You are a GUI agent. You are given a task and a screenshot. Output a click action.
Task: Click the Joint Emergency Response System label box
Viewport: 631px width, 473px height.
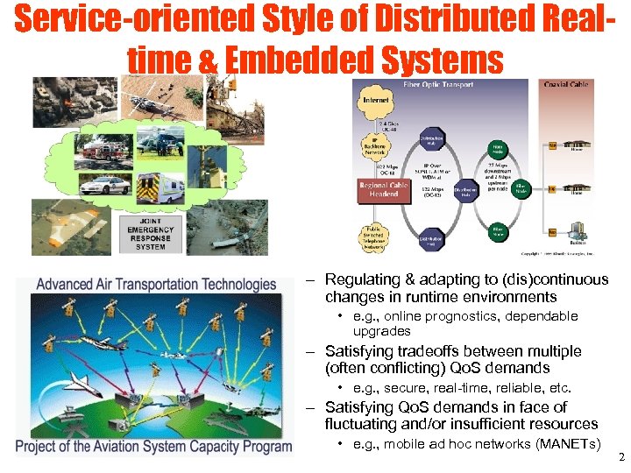coord(151,234)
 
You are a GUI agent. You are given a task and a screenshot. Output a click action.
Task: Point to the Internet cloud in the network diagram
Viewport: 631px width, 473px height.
coord(374,100)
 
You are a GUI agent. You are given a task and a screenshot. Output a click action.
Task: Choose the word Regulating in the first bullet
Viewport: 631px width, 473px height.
coord(361,280)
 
